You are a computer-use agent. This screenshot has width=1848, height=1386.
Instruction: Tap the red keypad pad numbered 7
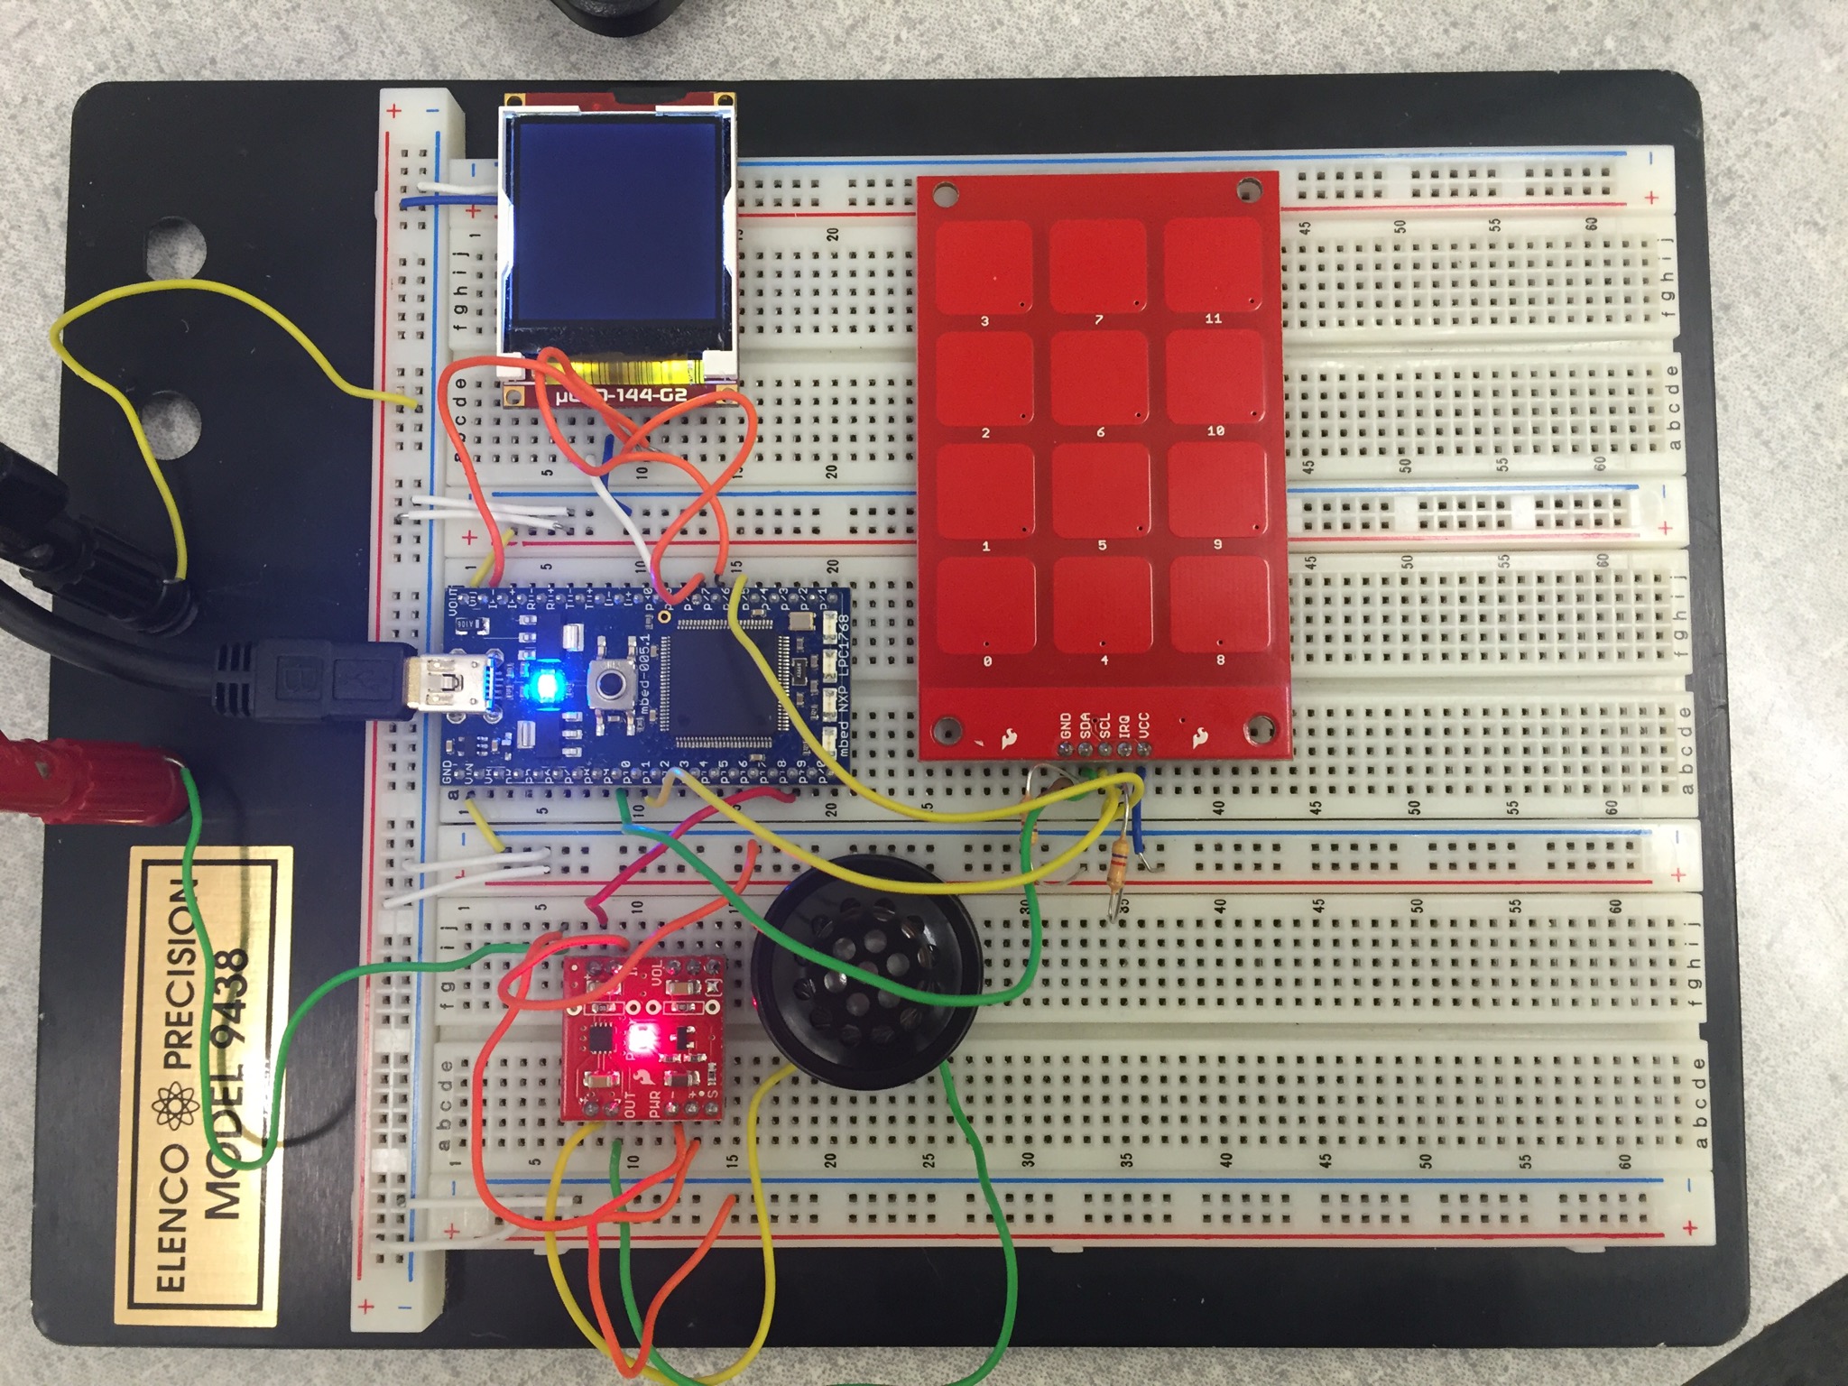[x=1098, y=266]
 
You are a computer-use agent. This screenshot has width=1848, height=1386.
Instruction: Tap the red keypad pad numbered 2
[x=984, y=378]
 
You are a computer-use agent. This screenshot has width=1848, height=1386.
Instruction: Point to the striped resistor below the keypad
[x=1117, y=867]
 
